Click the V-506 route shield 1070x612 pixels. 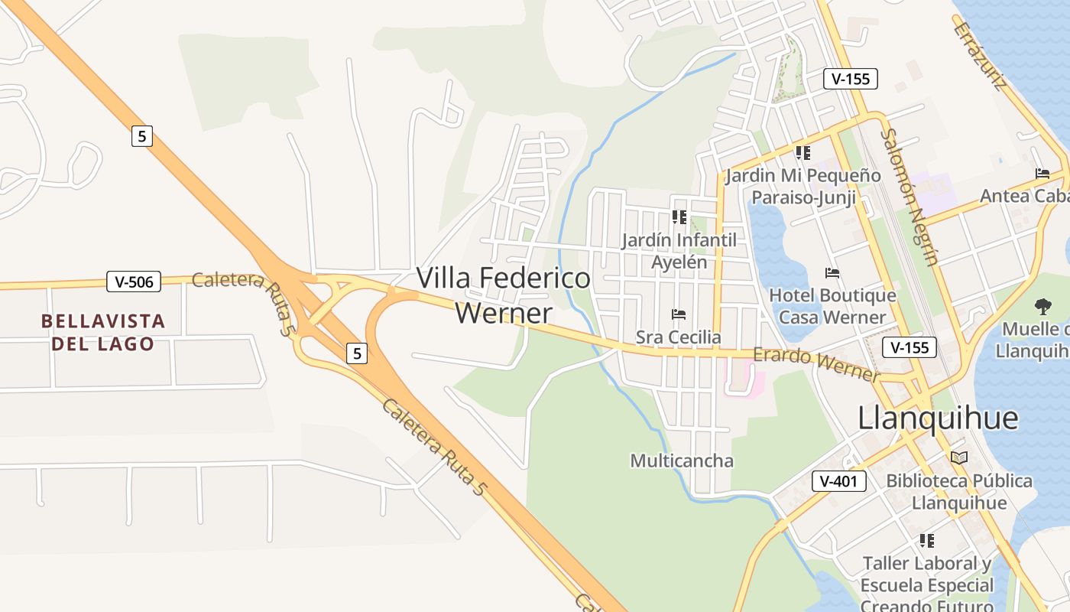[x=134, y=282]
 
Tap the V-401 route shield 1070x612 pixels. [x=839, y=481]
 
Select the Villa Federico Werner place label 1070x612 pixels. [x=504, y=295]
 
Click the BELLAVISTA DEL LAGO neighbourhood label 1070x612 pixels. [x=103, y=332]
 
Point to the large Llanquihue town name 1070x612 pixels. [x=938, y=418]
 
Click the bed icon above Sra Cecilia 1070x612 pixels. [x=678, y=314]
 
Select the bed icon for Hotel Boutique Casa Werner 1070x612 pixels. [x=832, y=272]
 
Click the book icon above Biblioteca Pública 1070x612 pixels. [x=958, y=457]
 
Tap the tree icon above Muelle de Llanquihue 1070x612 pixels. [x=1042, y=307]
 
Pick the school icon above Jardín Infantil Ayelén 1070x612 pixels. [x=679, y=217]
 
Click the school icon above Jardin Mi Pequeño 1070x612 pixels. [x=802, y=153]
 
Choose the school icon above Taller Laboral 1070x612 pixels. [x=927, y=541]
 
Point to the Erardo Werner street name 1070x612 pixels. [x=816, y=365]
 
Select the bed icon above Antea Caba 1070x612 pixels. [x=1042, y=174]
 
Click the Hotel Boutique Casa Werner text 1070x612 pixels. [x=832, y=306]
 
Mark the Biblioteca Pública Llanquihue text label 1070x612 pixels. [x=959, y=492]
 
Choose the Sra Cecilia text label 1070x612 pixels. [x=678, y=337]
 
